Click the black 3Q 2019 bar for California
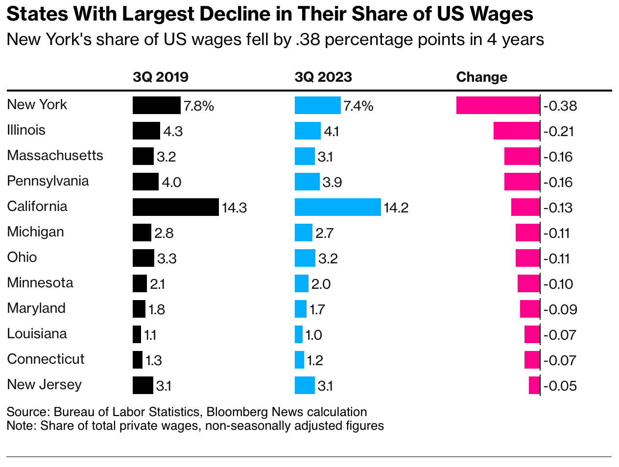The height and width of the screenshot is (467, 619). pos(175,207)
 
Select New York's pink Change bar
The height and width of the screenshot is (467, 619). pos(498,105)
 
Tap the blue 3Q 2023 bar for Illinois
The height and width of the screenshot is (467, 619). pos(308,131)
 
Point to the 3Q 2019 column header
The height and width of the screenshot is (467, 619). pos(161,77)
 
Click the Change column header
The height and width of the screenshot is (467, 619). pos(481,77)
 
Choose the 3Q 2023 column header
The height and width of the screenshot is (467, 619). pos(323,77)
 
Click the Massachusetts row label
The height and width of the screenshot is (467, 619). pos(55,156)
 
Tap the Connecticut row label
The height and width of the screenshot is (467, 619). pos(46,359)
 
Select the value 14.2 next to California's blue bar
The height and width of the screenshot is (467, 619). pos(396,208)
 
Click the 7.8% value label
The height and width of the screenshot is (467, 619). pos(199,106)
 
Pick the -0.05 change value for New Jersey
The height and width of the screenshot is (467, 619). pos(560,386)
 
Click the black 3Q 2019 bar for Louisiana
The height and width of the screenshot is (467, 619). pos(137,334)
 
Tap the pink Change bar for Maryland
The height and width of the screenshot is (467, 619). pos(529,309)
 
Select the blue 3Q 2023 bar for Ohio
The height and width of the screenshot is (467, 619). pos(305,258)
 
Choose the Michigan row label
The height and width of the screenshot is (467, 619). pos(35,232)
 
